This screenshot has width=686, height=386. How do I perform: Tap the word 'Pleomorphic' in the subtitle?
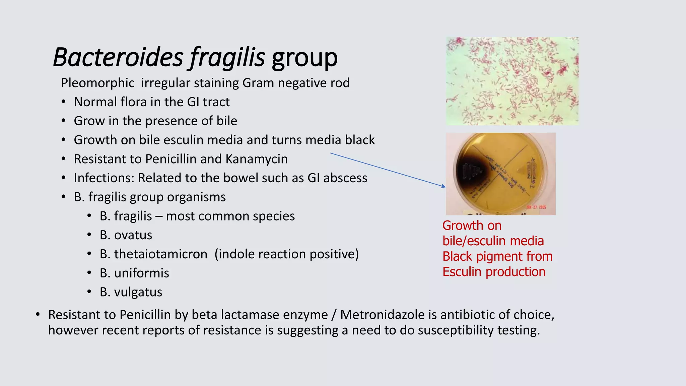tap(97, 83)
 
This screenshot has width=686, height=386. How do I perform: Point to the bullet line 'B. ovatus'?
tap(126, 235)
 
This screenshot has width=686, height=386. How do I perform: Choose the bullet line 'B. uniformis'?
tap(134, 273)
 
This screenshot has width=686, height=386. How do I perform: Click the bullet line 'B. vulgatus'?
tap(131, 292)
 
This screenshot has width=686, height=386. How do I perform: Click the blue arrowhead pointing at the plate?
tap(443, 186)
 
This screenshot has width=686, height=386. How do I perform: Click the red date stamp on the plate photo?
tap(536, 207)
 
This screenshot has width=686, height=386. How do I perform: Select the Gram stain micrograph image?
tap(512, 81)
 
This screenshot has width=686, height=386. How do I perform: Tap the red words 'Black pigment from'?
tap(497, 257)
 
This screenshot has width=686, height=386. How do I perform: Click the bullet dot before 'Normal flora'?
tap(63, 102)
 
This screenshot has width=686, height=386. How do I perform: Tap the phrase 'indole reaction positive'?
tap(286, 254)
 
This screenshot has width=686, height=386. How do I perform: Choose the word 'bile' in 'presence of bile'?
tap(226, 121)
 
